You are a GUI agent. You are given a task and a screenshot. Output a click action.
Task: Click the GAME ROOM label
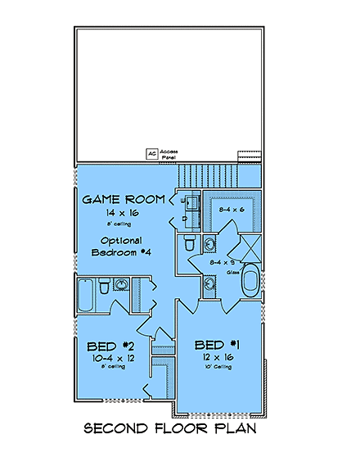124,199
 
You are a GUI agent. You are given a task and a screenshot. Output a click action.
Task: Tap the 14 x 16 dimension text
123,211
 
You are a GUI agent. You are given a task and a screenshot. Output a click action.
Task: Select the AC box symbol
151,153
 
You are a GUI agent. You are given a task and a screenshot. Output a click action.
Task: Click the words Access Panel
169,153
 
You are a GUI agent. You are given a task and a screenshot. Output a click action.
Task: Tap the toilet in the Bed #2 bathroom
104,287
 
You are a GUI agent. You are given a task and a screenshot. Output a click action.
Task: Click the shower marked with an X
245,247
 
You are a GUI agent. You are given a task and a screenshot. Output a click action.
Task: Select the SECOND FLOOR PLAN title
180,428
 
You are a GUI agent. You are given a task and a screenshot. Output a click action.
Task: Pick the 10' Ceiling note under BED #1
213,366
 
